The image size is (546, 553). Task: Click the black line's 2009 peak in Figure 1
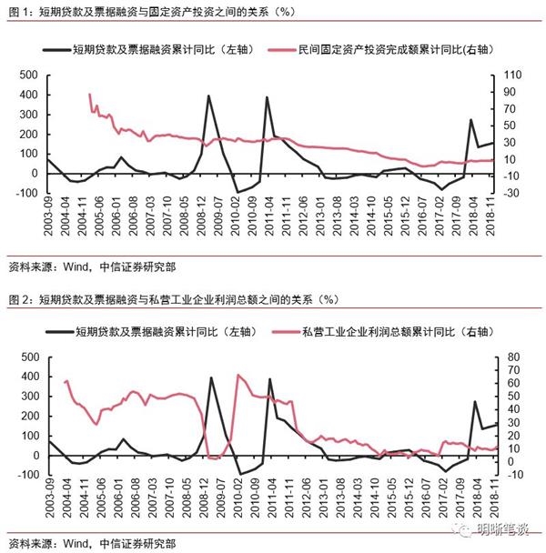tap(208, 96)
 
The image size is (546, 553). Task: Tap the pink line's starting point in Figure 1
tap(89, 94)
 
